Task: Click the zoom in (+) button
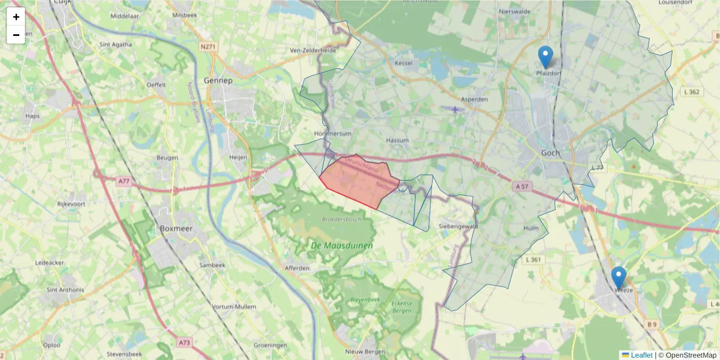click(x=16, y=17)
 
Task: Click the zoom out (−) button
click(x=16, y=35)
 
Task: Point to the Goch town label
click(x=550, y=153)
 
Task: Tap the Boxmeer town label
click(x=175, y=229)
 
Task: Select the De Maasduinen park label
click(x=341, y=245)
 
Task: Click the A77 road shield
click(x=123, y=181)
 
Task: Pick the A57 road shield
click(x=521, y=187)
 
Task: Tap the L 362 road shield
click(x=691, y=92)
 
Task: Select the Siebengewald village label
click(x=458, y=226)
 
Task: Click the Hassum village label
click(x=397, y=140)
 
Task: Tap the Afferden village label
click(x=296, y=268)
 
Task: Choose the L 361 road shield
click(x=533, y=260)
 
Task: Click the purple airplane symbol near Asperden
click(x=455, y=109)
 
